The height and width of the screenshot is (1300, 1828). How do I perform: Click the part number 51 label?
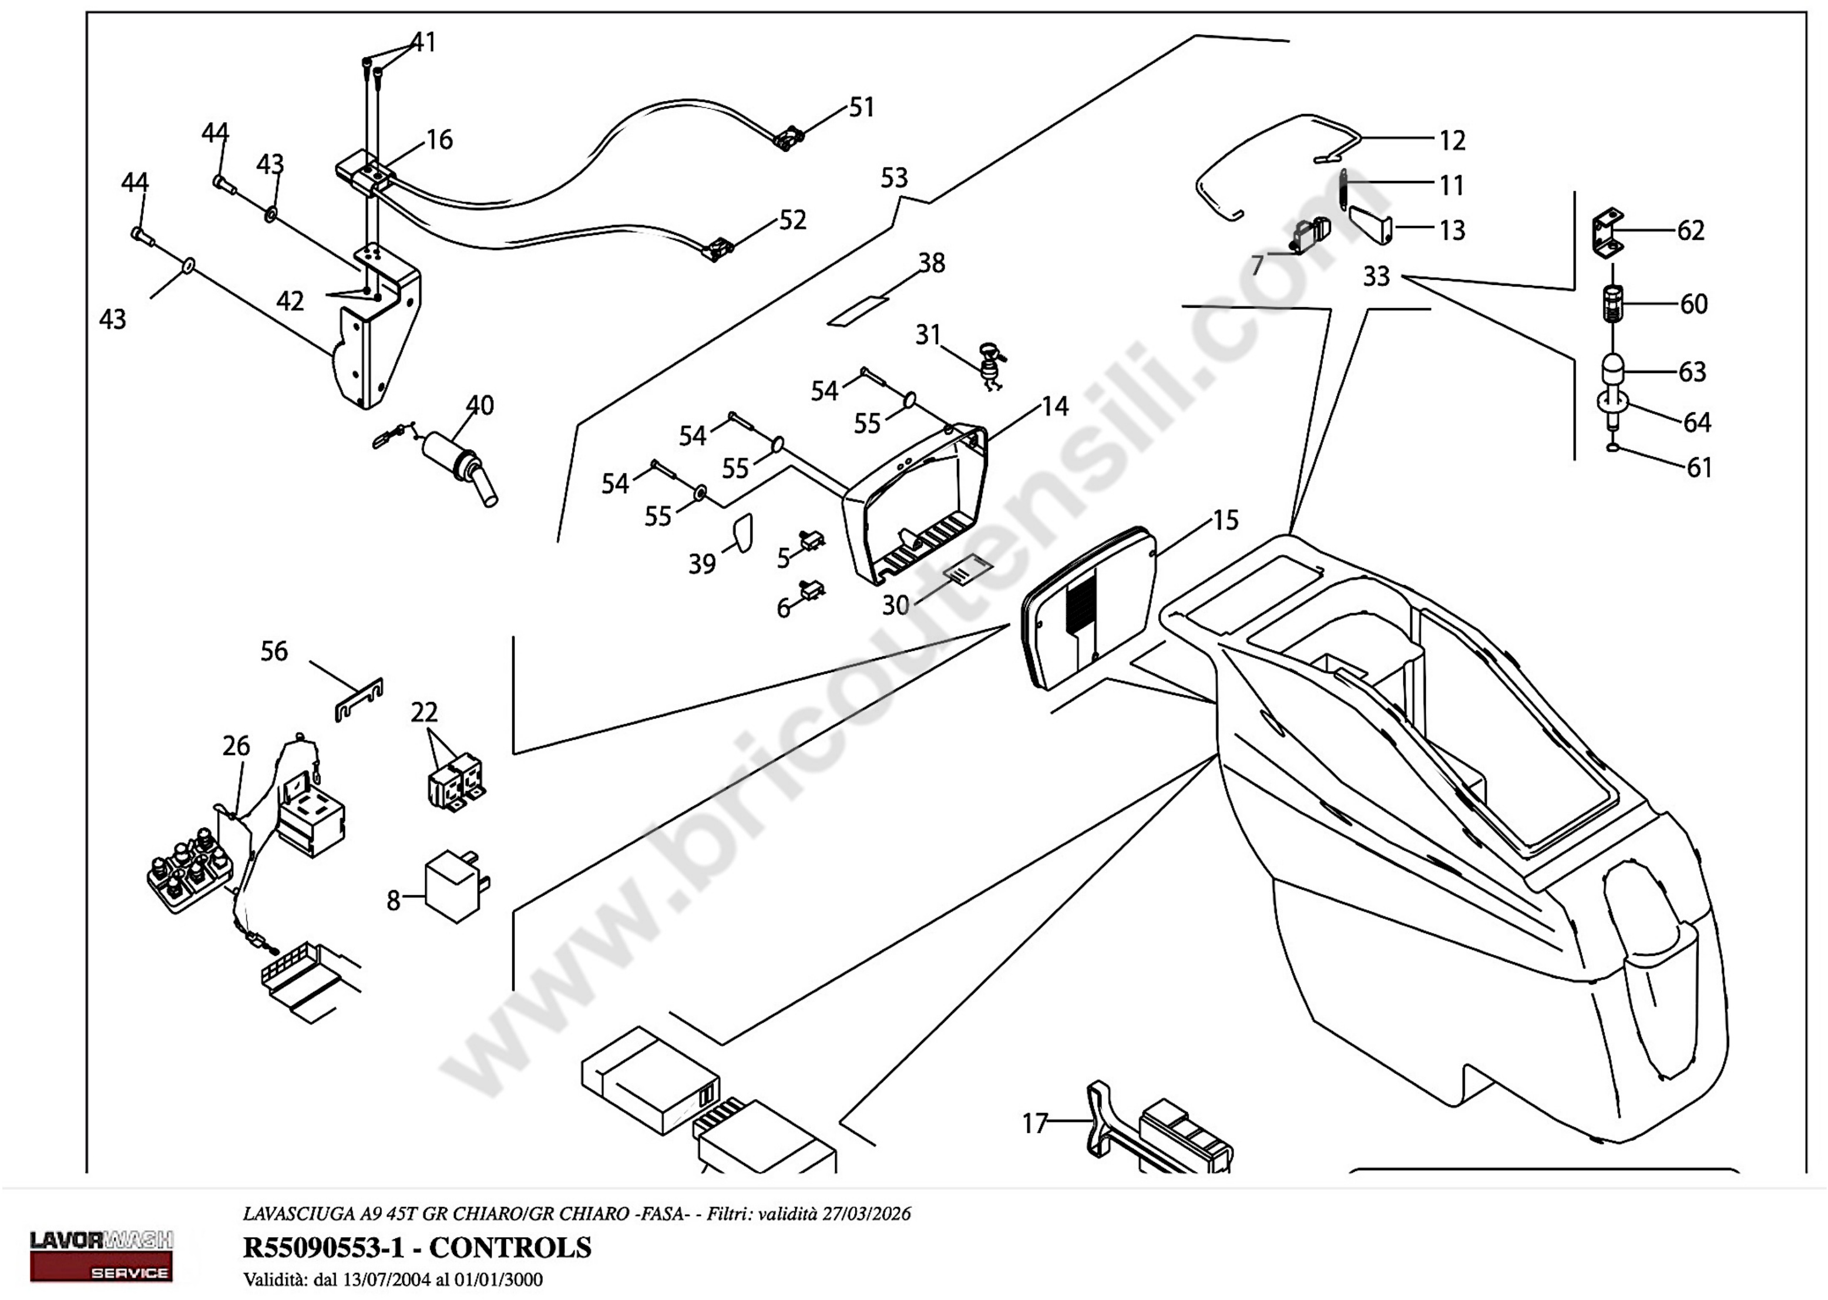[861, 108]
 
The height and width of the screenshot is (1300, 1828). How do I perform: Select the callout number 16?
[439, 140]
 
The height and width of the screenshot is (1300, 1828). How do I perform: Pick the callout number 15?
[1225, 520]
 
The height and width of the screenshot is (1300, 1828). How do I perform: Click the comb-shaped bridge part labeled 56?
[358, 700]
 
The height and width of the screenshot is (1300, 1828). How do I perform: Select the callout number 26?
[236, 746]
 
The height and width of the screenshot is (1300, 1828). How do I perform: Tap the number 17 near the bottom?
[1035, 1124]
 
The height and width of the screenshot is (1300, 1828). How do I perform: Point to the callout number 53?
[894, 178]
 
